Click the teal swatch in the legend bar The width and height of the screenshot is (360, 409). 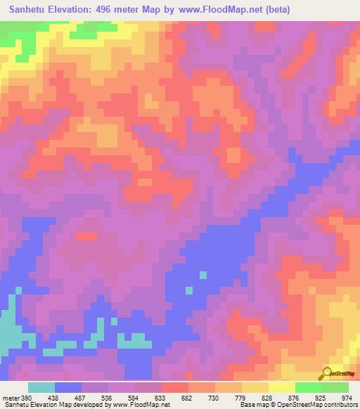tap(41, 387)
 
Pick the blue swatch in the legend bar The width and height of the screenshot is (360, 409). tap(68, 387)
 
